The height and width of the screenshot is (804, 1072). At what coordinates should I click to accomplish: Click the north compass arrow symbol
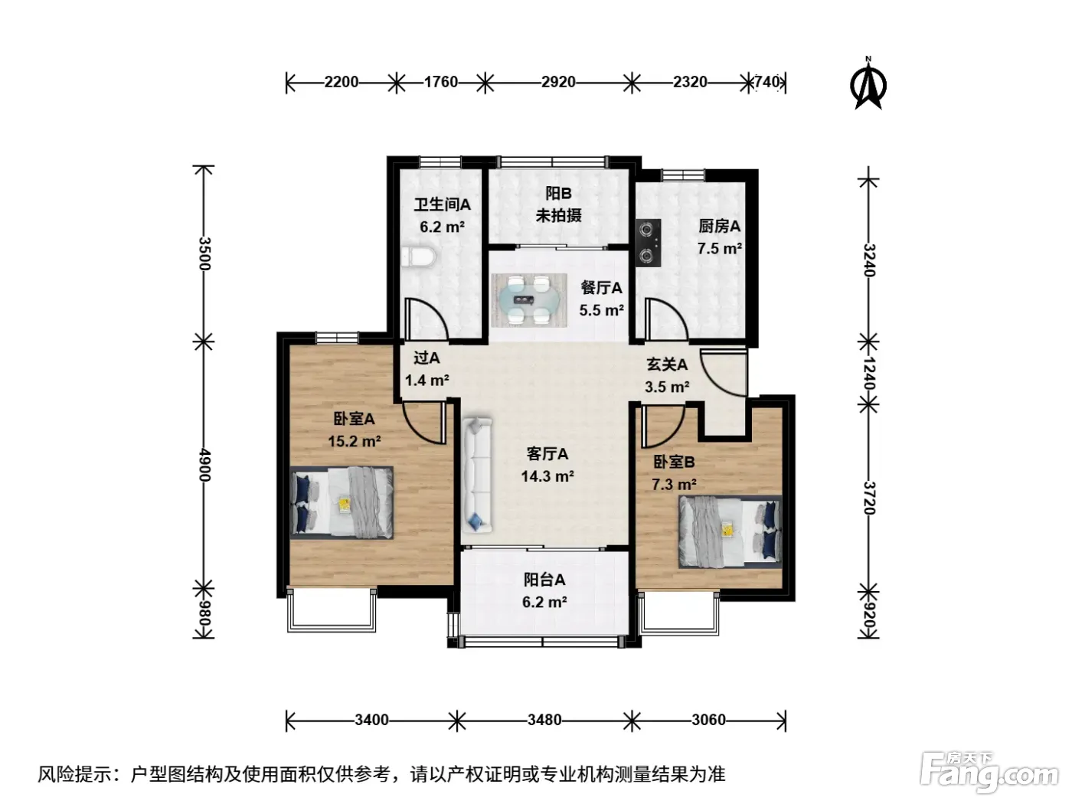click(x=868, y=84)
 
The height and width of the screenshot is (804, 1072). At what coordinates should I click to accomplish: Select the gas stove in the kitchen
click(x=648, y=243)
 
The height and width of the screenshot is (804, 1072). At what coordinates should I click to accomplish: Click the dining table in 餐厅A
click(x=529, y=299)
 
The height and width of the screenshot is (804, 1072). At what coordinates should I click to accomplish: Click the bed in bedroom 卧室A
click(x=342, y=502)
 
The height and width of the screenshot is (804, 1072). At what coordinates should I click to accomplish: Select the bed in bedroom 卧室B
click(x=730, y=531)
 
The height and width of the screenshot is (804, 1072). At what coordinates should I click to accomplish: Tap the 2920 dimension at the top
click(x=557, y=82)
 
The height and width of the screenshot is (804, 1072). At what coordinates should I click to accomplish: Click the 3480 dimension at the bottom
click(x=544, y=720)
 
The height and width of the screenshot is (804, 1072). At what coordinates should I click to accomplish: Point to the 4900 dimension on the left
click(x=204, y=466)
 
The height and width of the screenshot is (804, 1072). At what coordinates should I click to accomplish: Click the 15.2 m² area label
click(x=354, y=441)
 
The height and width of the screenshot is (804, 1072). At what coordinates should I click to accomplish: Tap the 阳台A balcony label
click(x=544, y=580)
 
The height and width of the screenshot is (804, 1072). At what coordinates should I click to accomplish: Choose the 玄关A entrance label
click(x=667, y=364)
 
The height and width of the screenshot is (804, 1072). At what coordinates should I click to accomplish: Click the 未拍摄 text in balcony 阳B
click(x=558, y=215)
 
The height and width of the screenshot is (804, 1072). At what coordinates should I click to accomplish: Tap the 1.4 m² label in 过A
click(x=427, y=381)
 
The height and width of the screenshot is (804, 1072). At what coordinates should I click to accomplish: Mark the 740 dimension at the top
click(x=767, y=82)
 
